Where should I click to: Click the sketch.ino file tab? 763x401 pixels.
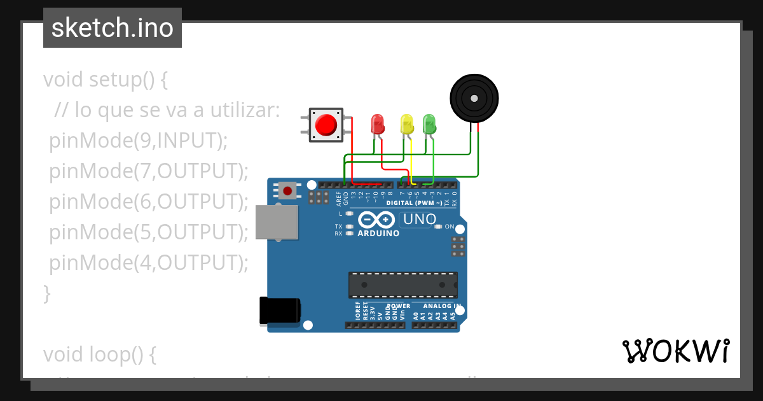[x=113, y=28]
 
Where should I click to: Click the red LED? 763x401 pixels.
[x=377, y=123]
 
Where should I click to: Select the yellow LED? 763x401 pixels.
[x=406, y=123]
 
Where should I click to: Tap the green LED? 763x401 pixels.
[x=429, y=123]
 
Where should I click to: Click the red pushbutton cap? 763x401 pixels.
[x=326, y=124]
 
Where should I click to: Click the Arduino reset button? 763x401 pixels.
[x=288, y=190]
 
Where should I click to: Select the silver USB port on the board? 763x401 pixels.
[x=277, y=222]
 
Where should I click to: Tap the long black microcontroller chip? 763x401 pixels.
[x=402, y=285]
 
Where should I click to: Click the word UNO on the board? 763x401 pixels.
[x=420, y=220]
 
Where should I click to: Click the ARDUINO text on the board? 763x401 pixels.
[x=378, y=234]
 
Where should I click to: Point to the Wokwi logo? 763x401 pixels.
[x=675, y=351]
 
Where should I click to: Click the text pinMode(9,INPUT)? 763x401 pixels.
[x=138, y=141]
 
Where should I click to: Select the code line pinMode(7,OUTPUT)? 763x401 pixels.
[x=148, y=171]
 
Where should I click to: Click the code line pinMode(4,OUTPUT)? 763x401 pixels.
[x=148, y=262]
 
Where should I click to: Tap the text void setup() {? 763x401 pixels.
[x=106, y=80]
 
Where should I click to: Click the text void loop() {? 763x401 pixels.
[x=99, y=355]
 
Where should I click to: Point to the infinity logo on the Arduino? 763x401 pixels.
[x=378, y=220]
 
